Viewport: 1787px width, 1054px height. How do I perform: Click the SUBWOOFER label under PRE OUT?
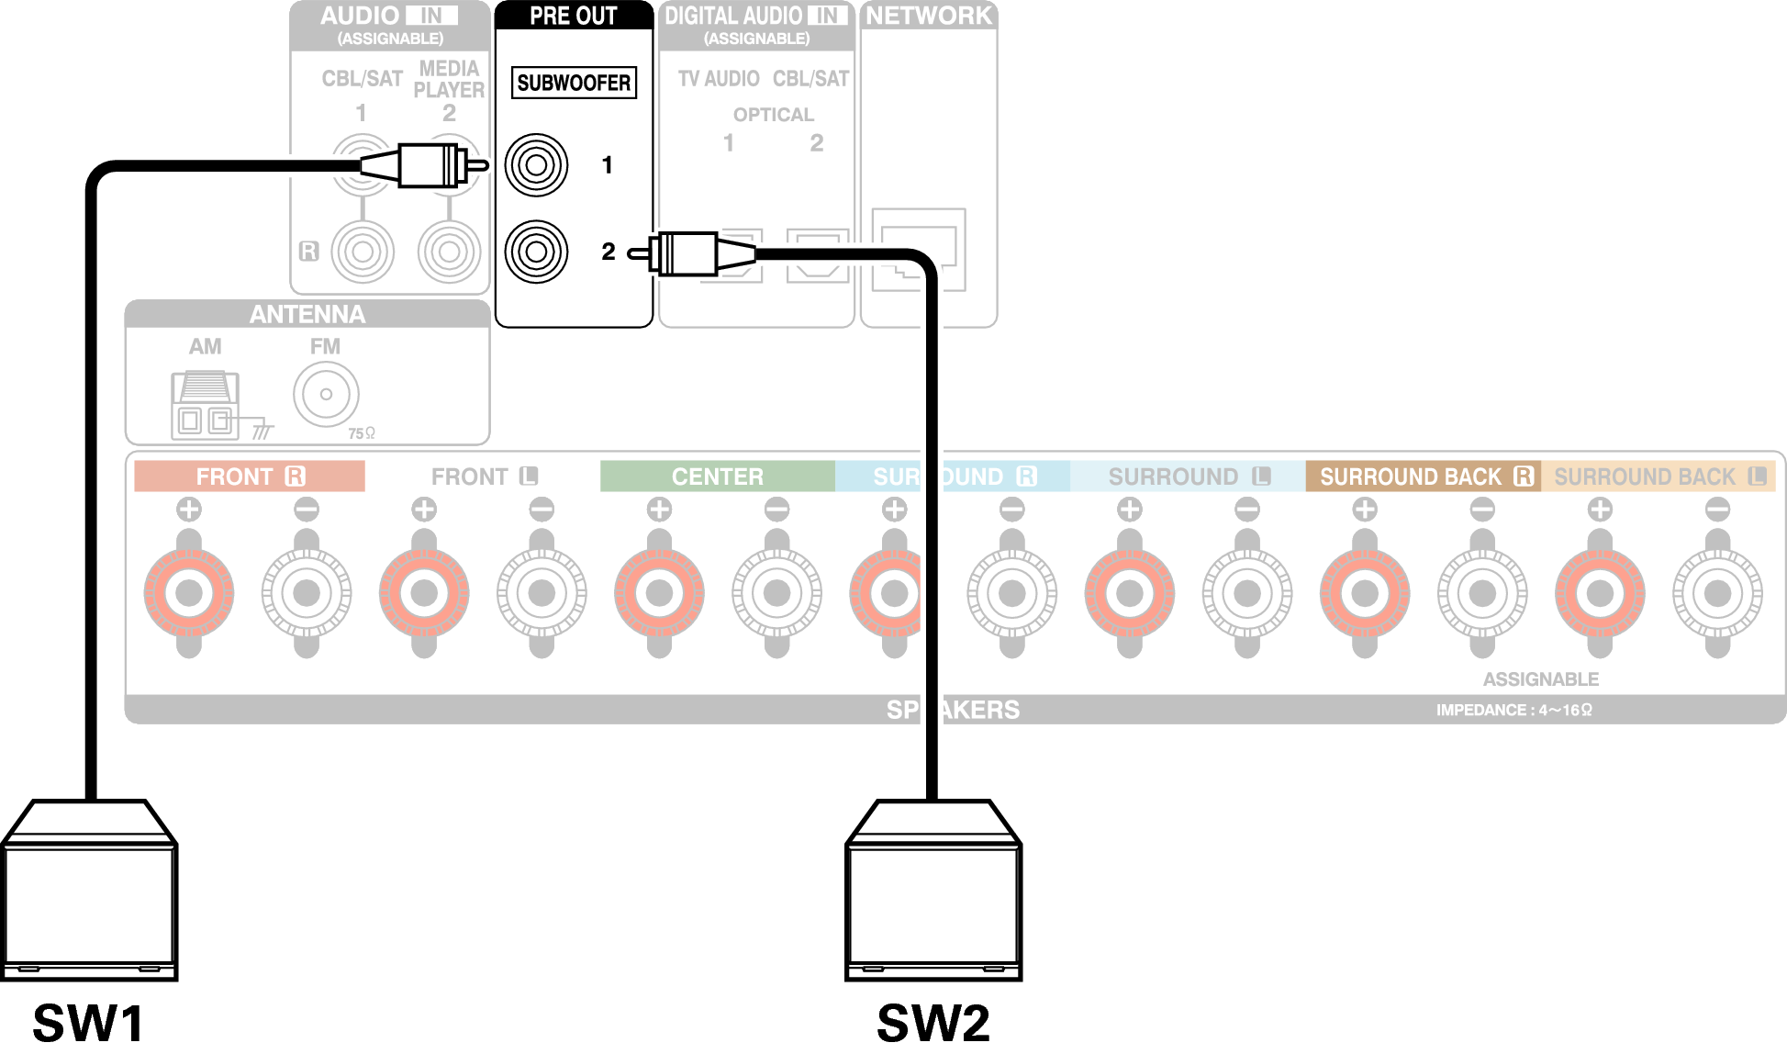click(574, 83)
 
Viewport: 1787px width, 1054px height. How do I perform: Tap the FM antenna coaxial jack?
click(326, 395)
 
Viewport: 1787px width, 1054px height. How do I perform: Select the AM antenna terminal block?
click(205, 405)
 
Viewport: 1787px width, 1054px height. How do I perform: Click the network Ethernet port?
click(918, 249)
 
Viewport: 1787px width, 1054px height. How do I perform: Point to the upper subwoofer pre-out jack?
click(537, 165)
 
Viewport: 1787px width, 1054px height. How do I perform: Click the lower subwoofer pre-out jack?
click(537, 252)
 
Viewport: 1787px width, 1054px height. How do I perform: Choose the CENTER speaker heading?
click(717, 477)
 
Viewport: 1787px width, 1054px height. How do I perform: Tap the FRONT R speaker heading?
click(250, 477)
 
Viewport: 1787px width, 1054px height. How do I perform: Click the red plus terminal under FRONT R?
click(189, 593)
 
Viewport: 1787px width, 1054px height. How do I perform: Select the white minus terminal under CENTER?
click(776, 593)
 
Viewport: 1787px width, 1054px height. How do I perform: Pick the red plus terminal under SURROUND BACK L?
click(1600, 593)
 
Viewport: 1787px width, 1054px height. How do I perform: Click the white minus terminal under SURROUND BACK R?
click(1482, 593)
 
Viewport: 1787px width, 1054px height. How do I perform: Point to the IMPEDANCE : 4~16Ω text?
click(1513, 710)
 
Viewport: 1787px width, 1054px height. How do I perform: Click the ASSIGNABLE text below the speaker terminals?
click(1540, 679)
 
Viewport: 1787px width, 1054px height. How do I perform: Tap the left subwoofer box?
click(89, 891)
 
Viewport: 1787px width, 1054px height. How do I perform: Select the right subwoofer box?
click(933, 891)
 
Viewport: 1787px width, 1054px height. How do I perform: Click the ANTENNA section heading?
click(307, 315)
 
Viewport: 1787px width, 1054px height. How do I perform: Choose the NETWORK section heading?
click(929, 16)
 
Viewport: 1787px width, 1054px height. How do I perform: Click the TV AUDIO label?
click(719, 79)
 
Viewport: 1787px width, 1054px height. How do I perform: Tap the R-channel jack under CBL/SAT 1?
click(363, 252)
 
